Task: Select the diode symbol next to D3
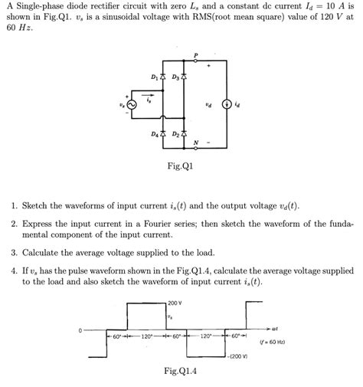[184, 77]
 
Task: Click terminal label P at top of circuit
[196, 54]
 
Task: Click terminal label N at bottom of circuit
[196, 143]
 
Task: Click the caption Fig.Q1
[181, 166]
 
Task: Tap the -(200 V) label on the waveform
[237, 357]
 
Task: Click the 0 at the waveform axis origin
[78, 330]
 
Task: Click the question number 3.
[14, 252]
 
